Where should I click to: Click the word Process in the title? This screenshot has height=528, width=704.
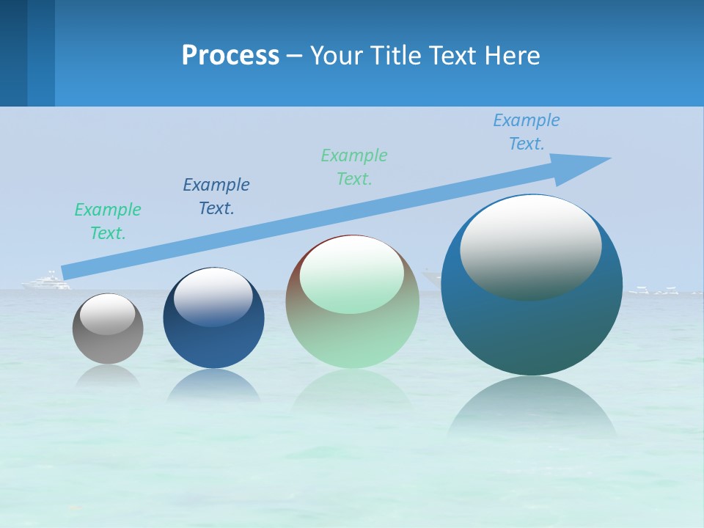[230, 56]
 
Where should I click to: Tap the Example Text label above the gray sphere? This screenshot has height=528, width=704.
[108, 221]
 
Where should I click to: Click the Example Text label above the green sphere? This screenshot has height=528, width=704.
[354, 167]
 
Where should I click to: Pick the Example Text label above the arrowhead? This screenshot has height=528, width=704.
[527, 132]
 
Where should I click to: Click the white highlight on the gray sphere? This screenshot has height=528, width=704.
[108, 314]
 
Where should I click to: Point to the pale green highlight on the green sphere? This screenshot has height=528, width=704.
[351, 275]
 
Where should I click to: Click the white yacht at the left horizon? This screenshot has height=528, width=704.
[46, 282]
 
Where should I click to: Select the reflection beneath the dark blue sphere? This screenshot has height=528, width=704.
[213, 385]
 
